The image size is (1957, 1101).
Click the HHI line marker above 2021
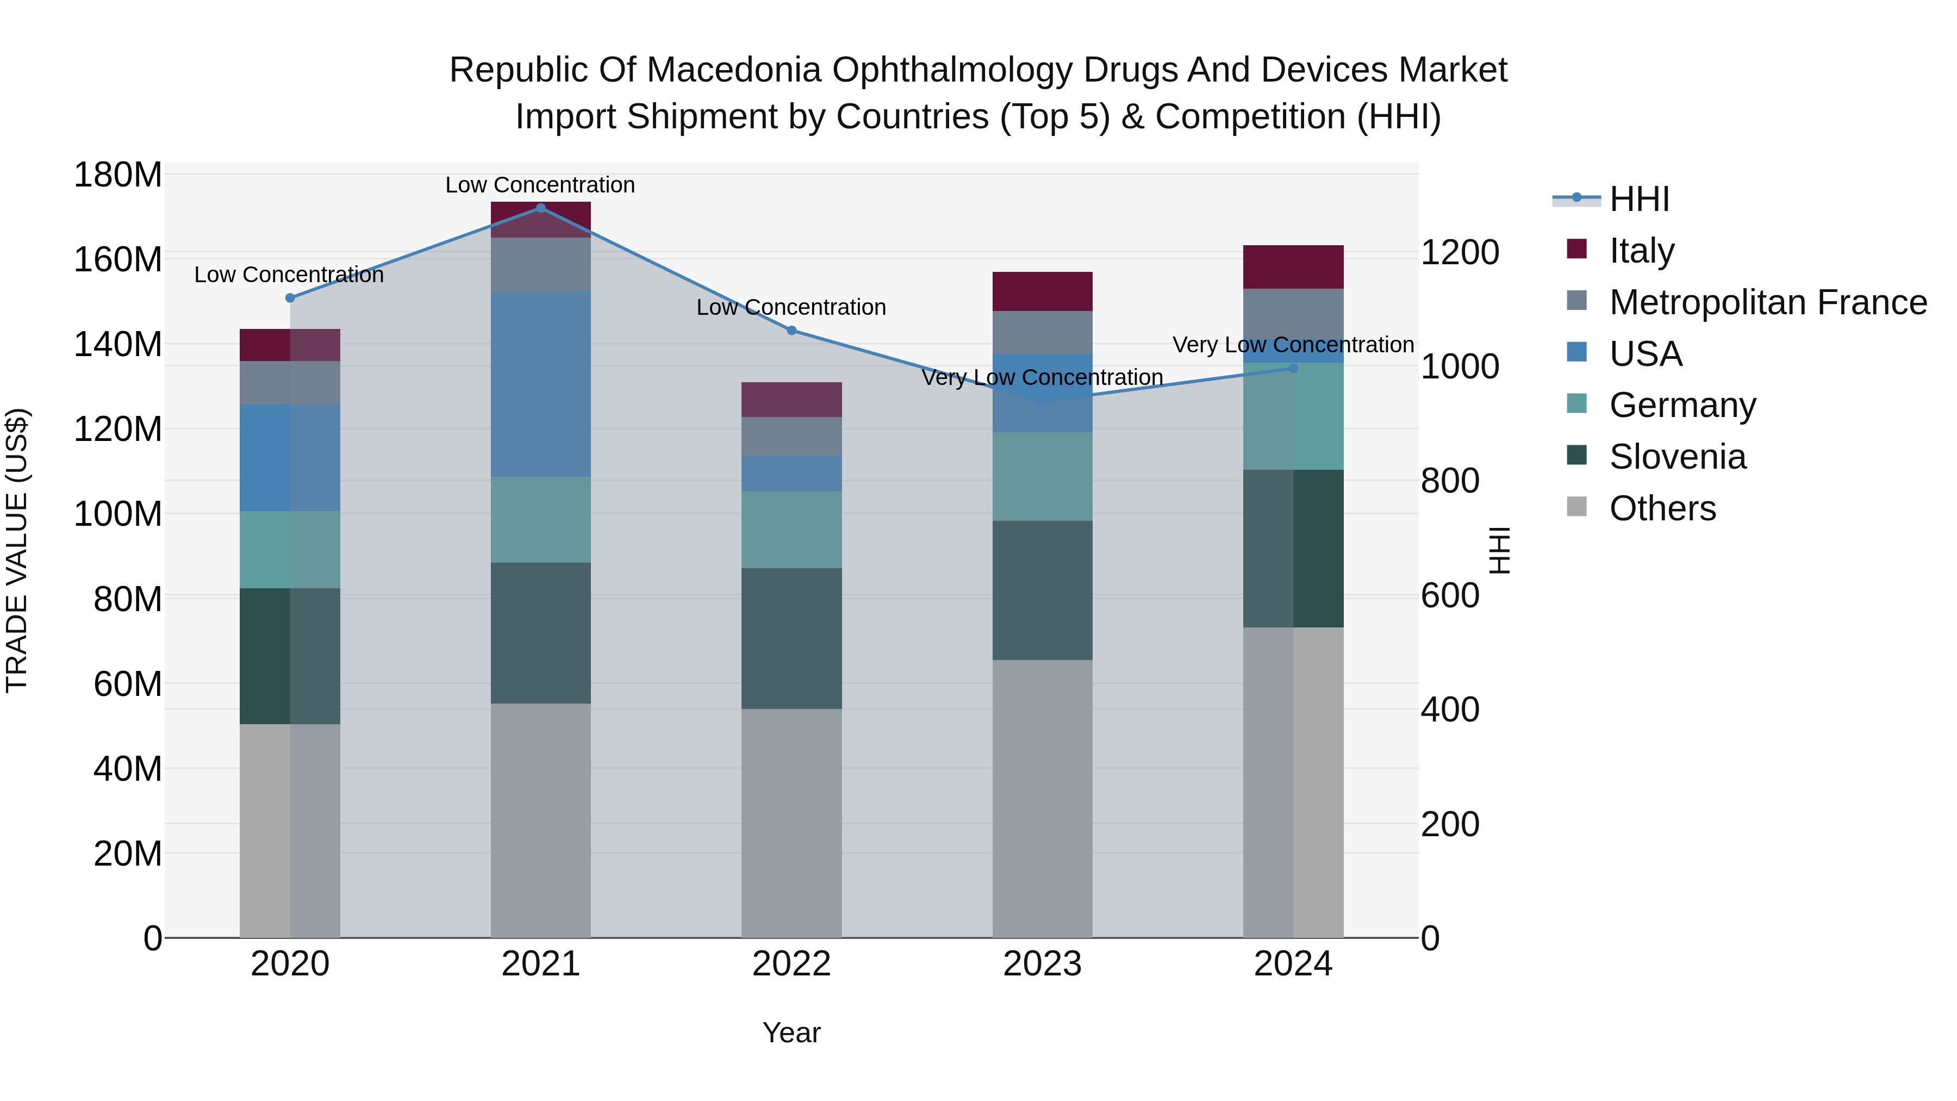point(540,208)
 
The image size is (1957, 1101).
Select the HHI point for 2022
point(791,331)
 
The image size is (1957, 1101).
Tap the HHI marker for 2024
point(1293,369)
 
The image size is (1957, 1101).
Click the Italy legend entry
point(1641,251)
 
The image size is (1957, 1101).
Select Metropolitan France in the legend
point(1767,302)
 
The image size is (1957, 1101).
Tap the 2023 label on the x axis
point(1042,964)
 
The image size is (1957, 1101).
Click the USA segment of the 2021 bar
point(540,384)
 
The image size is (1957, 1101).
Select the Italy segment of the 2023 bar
point(1042,291)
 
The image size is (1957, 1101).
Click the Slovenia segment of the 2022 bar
point(791,638)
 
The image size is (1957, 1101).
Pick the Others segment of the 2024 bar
point(1293,782)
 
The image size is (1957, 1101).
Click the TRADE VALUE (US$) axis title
point(17,550)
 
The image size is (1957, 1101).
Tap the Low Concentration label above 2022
point(791,308)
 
